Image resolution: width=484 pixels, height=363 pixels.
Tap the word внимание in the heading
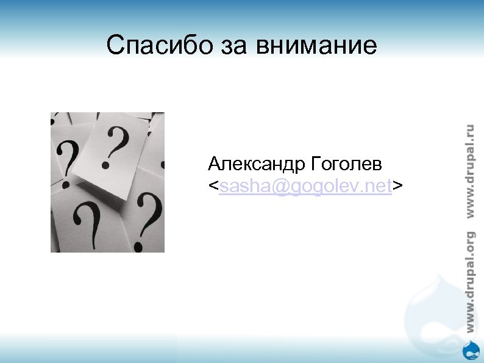[318, 45]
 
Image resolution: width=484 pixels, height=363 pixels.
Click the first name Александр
[257, 164]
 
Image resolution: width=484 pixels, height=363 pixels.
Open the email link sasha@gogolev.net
[305, 186]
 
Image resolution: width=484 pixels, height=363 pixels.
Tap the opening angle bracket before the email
[213, 186]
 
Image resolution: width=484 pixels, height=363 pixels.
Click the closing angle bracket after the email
[397, 186]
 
